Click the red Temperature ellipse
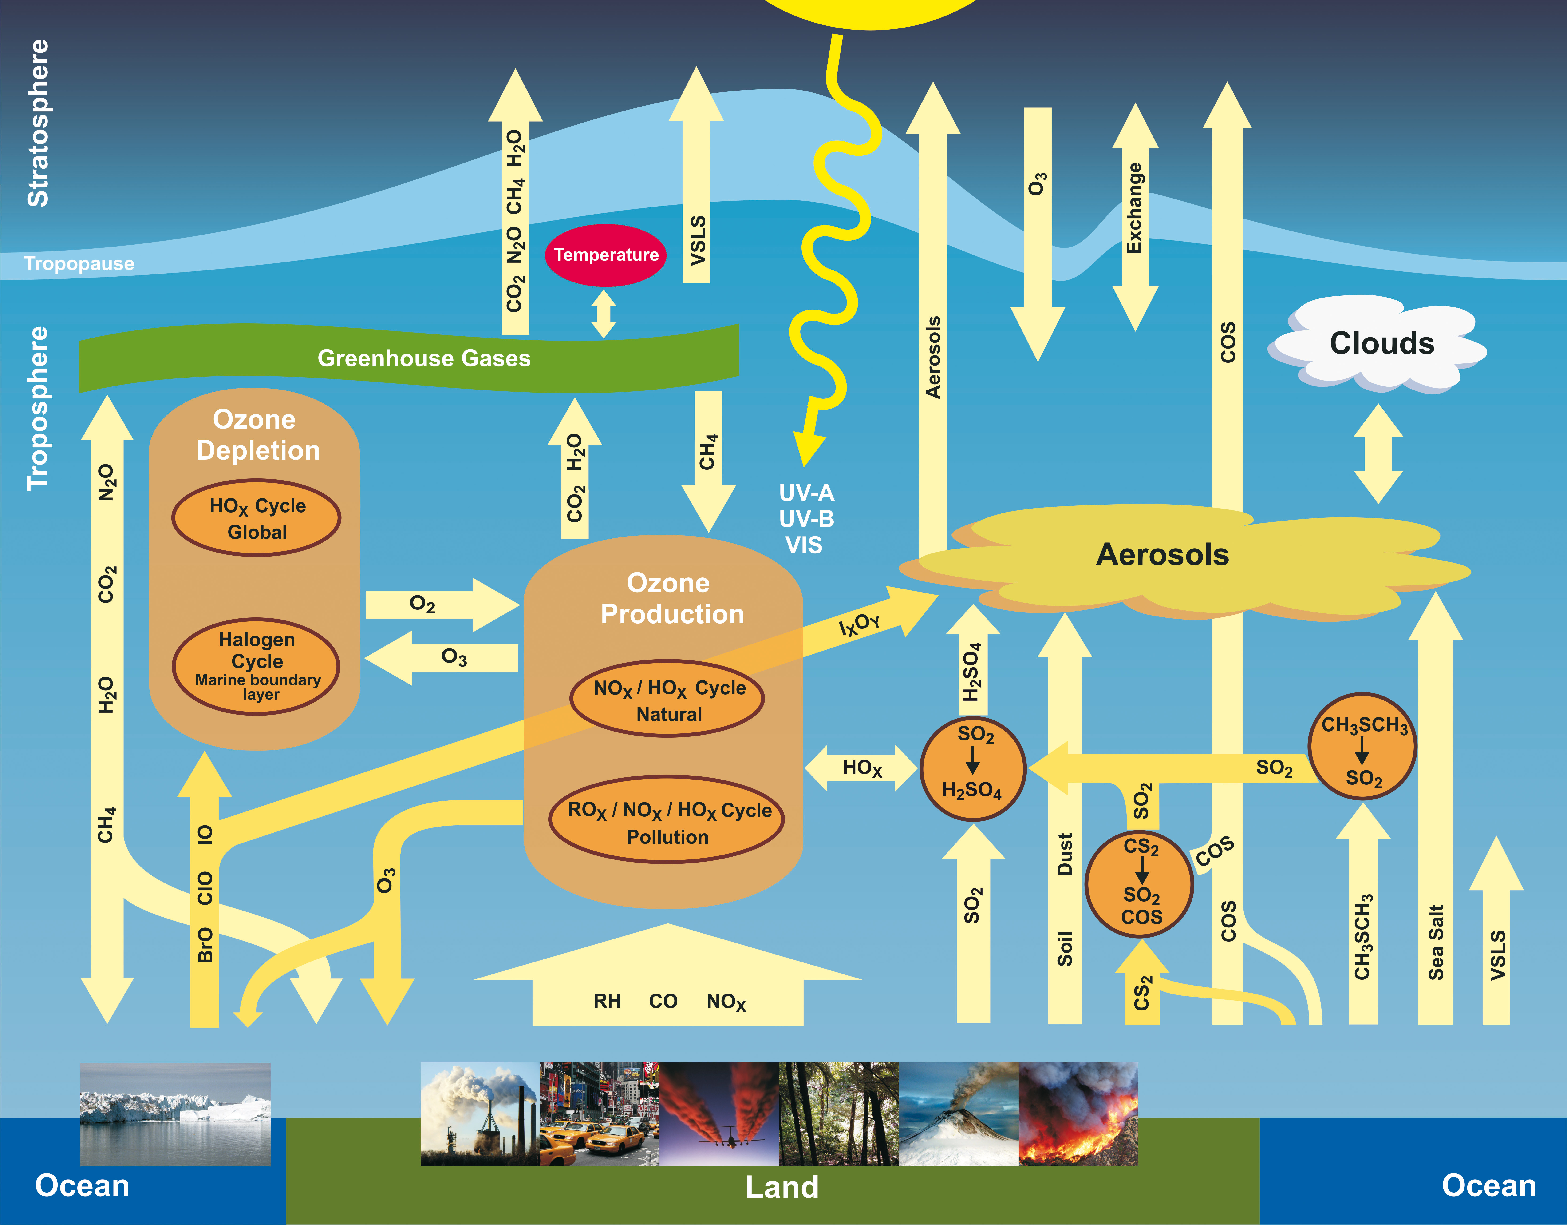click(x=606, y=255)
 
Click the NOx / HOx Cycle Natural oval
click(x=668, y=700)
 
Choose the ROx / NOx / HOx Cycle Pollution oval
click(x=667, y=822)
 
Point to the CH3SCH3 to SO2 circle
click(x=1362, y=746)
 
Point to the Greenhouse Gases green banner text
click(x=424, y=358)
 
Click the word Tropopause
click(x=79, y=263)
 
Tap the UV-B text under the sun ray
click(x=806, y=519)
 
